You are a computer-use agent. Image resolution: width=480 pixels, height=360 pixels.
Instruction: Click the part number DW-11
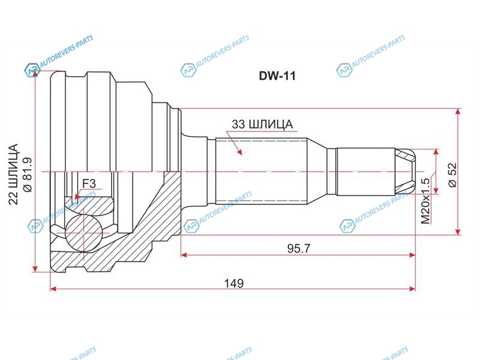click(x=277, y=76)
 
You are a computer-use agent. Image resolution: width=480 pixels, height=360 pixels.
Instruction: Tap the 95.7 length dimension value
click(x=298, y=248)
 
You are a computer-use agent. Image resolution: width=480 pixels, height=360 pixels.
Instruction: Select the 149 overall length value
click(x=234, y=283)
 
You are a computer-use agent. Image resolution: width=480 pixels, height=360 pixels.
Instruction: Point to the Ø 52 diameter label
click(x=452, y=175)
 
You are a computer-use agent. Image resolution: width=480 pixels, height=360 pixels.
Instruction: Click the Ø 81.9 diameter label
click(x=28, y=175)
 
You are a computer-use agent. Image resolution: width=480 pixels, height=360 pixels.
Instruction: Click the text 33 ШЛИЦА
click(x=262, y=124)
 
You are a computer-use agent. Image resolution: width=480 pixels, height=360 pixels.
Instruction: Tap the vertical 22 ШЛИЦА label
click(x=13, y=174)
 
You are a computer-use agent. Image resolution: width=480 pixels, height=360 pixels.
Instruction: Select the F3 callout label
click(x=89, y=184)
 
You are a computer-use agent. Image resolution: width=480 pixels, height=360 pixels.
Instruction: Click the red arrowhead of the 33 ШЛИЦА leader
click(x=239, y=151)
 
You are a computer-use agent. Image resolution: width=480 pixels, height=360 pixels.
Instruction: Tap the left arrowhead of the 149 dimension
click(x=53, y=289)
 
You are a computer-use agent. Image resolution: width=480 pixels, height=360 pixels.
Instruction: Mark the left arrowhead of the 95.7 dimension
click(x=185, y=254)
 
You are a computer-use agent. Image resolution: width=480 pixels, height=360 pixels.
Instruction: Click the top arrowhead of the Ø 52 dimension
click(x=458, y=112)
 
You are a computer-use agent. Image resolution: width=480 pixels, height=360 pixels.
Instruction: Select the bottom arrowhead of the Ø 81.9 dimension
click(x=36, y=268)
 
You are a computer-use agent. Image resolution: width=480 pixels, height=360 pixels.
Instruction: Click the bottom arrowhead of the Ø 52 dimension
click(x=458, y=231)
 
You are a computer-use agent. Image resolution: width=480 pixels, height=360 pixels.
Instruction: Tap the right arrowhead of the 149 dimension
click(x=412, y=289)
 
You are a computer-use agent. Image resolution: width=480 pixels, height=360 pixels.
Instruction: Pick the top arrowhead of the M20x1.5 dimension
click(x=436, y=153)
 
